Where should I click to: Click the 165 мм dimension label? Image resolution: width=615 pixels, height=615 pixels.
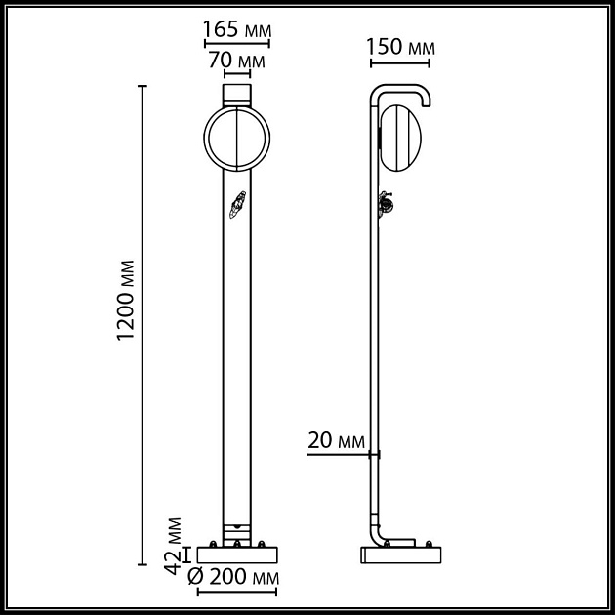coord(236,29)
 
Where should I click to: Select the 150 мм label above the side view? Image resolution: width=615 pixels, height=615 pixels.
coord(400,47)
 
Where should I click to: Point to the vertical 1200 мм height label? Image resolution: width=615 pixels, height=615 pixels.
coord(125,301)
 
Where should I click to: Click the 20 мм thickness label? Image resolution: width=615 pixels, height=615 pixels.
coord(335,441)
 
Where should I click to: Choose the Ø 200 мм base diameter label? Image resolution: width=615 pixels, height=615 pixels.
coord(231,577)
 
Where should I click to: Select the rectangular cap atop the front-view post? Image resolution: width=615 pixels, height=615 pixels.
coord(236,95)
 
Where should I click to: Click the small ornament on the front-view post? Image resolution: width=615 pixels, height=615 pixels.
coord(235,206)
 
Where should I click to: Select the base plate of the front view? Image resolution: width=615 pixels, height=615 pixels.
coord(236,553)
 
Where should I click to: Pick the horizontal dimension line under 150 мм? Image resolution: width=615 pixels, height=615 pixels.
coord(400,65)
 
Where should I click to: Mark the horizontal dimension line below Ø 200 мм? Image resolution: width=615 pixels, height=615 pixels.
coord(236,592)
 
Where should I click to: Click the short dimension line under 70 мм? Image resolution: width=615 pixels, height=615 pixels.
coord(236,75)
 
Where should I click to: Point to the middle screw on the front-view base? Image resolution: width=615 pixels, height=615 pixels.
coord(236,542)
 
